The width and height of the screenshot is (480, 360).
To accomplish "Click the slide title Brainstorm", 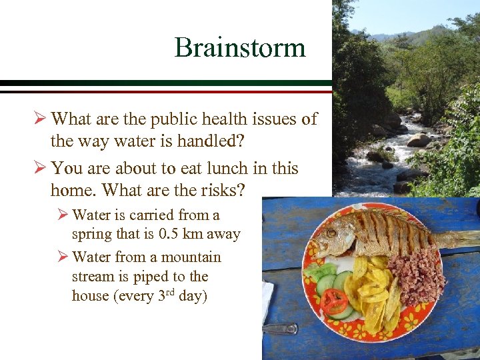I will pyautogui.click(x=240, y=47).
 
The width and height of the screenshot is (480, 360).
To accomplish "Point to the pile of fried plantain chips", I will pyautogui.click(x=373, y=293).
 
